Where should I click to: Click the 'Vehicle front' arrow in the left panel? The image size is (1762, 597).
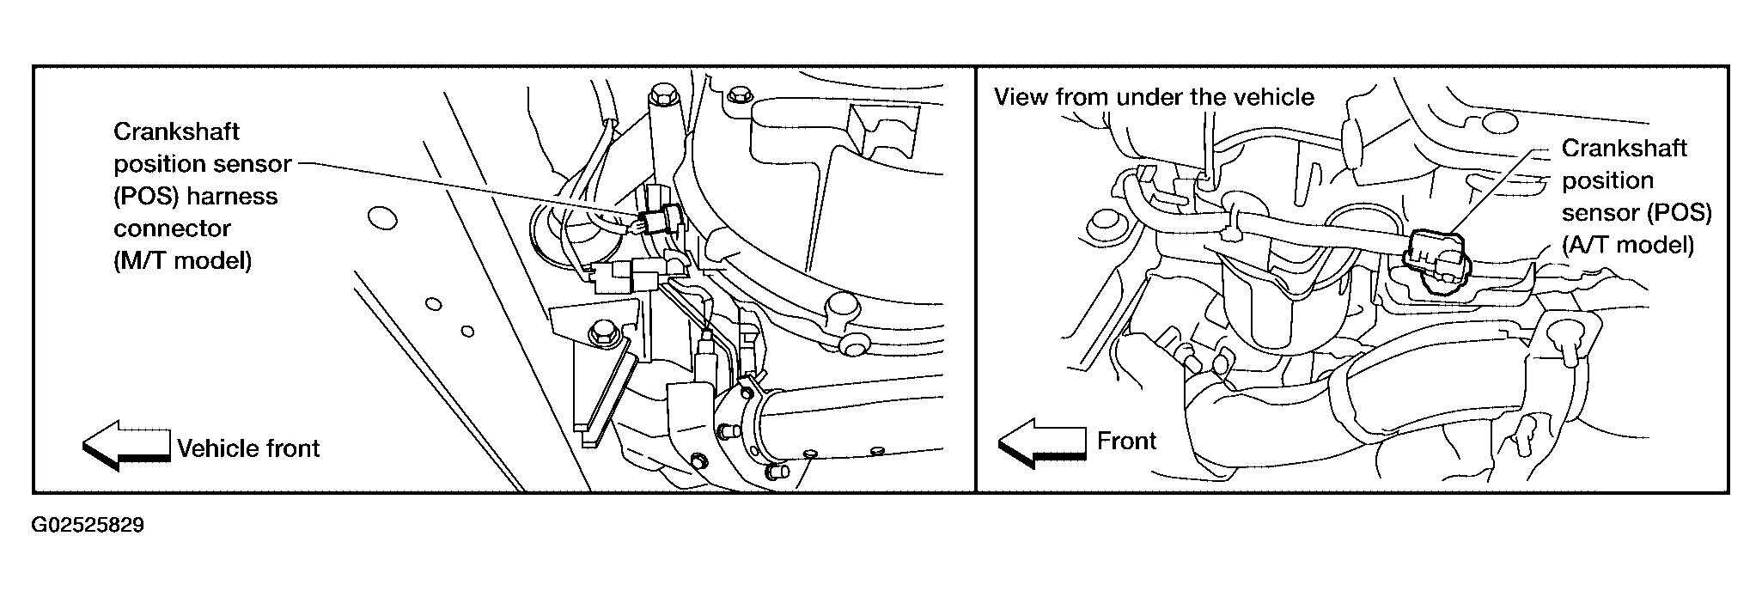click(126, 446)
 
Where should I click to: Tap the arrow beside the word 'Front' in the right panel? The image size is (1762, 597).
click(1042, 442)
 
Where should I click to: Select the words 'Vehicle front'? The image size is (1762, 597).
click(248, 448)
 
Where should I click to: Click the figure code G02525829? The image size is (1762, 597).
click(88, 526)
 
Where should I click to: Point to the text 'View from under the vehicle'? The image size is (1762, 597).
click(1154, 96)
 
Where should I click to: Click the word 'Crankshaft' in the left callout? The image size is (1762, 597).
click(176, 131)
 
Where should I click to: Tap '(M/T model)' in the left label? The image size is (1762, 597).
click(182, 260)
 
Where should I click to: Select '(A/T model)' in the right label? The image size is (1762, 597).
click(1627, 245)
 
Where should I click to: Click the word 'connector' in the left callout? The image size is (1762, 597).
click(172, 228)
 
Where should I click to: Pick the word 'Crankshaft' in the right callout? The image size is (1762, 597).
click(1624, 148)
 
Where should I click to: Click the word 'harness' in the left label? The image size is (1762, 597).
click(232, 196)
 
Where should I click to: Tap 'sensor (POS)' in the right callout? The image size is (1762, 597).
click(1637, 212)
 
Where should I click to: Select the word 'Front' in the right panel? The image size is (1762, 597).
click(1126, 441)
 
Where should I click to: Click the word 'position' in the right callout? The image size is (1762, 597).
click(1607, 180)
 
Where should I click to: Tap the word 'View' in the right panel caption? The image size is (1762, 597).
click(1021, 96)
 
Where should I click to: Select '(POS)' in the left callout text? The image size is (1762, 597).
click(146, 196)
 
